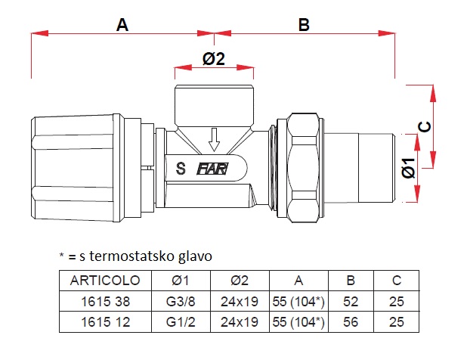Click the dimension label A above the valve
(x=122, y=24)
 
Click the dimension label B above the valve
(x=304, y=24)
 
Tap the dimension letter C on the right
(x=425, y=126)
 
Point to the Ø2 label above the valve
(x=215, y=59)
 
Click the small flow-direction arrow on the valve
(x=215, y=137)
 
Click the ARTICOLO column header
(x=105, y=280)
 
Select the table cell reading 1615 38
(x=105, y=301)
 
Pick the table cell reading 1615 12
(x=105, y=322)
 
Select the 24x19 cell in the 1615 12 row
(x=239, y=322)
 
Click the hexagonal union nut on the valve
(x=302, y=167)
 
